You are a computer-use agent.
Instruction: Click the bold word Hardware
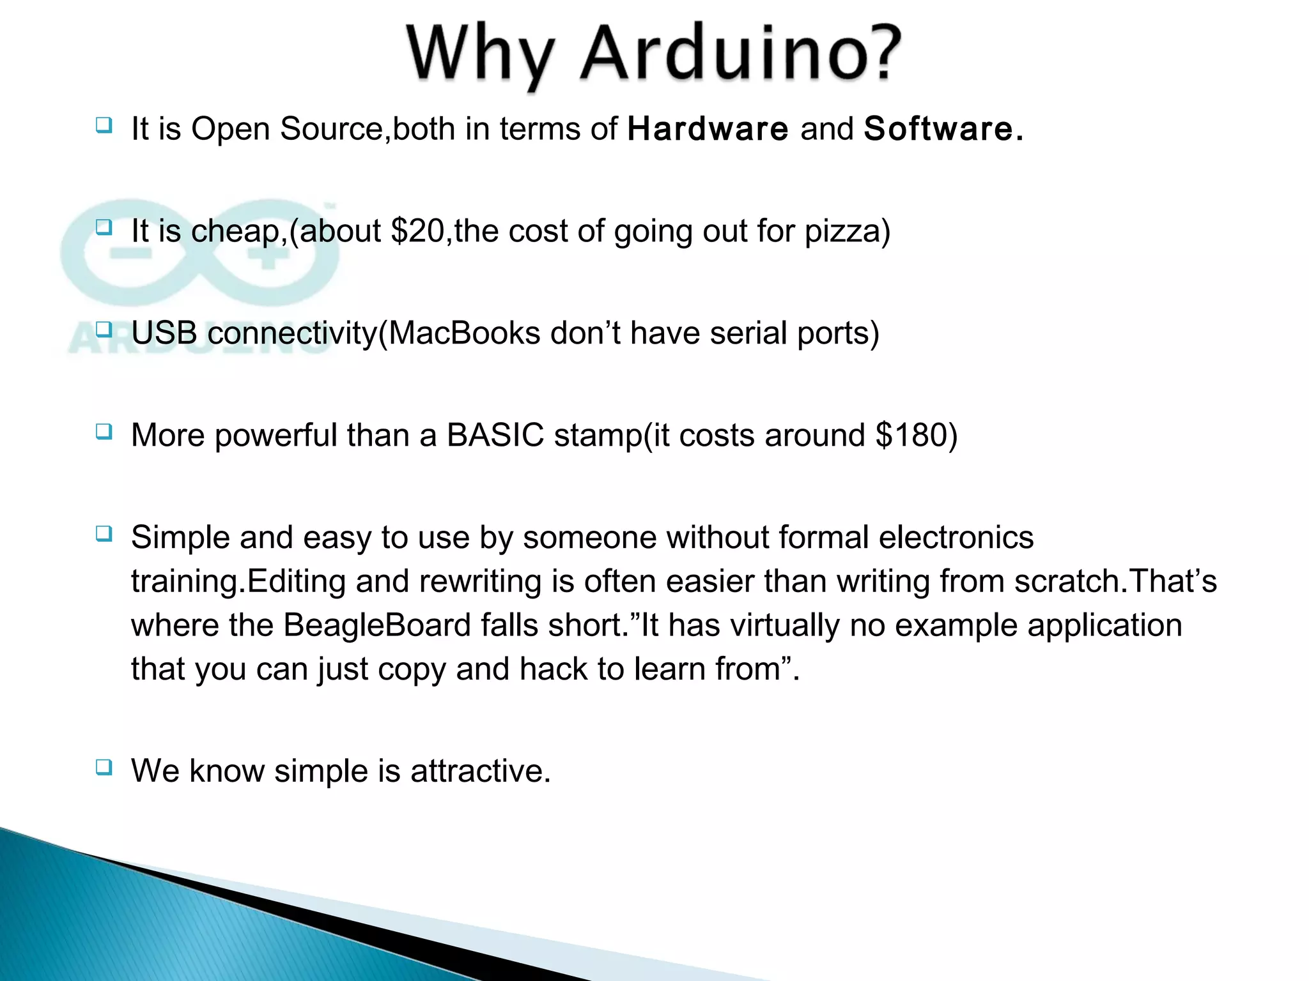pyautogui.click(x=708, y=129)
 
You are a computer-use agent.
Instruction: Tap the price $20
pyautogui.click(x=417, y=231)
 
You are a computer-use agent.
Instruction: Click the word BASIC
pyautogui.click(x=495, y=436)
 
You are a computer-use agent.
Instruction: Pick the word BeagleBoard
pyautogui.click(x=377, y=625)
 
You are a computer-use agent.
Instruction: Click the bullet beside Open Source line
pyautogui.click(x=104, y=125)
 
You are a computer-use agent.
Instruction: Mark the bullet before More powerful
pyautogui.click(x=104, y=432)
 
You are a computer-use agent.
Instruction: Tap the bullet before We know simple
pyautogui.click(x=104, y=766)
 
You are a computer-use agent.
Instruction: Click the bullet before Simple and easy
pyautogui.click(x=104, y=533)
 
